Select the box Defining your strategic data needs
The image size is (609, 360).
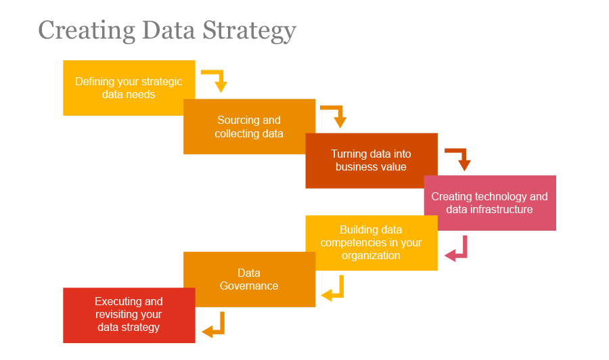click(129, 88)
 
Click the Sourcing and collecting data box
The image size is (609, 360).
click(249, 127)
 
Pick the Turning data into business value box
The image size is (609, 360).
click(371, 160)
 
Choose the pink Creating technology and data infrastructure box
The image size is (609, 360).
click(489, 203)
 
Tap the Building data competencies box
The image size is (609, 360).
click(371, 242)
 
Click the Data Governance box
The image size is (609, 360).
click(249, 279)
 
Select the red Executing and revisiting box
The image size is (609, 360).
click(129, 315)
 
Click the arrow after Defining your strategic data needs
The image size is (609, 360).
click(217, 80)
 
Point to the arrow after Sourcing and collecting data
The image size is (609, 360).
click(336, 116)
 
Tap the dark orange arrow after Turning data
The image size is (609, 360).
click(460, 159)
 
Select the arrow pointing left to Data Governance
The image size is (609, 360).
click(334, 289)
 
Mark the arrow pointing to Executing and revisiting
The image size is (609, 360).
click(215, 325)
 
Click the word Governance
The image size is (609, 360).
click(249, 286)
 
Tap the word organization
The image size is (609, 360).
click(371, 255)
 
